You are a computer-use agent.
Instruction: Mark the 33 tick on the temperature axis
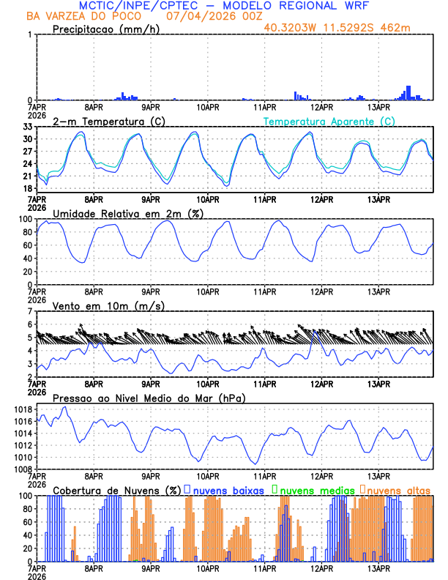pos(26,127)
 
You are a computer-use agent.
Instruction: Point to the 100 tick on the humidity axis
pos(24,219)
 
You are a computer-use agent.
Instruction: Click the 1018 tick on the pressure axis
pos(22,409)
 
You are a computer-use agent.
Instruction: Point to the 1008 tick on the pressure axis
pos(22,469)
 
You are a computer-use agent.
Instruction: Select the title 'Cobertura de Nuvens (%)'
pos(116,489)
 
